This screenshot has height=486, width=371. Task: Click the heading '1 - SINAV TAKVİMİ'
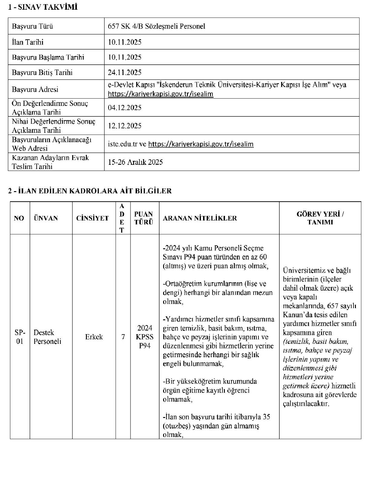(43, 8)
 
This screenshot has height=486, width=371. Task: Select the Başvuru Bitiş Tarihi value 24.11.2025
(125, 73)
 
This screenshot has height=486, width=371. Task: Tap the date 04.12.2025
(125, 108)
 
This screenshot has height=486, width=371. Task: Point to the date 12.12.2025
(125, 126)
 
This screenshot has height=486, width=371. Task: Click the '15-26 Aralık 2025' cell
(135, 162)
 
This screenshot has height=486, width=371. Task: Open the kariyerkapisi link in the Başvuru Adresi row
(160, 94)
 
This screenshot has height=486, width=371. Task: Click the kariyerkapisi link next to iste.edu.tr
(201, 144)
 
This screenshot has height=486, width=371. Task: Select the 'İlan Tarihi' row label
(28, 42)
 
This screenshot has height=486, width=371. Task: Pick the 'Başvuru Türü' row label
(32, 26)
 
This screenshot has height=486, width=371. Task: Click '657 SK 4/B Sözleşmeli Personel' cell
(156, 26)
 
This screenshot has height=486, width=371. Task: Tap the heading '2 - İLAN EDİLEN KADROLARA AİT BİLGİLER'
(90, 191)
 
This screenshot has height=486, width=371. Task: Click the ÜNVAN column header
(46, 218)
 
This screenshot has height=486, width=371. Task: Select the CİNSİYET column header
(92, 218)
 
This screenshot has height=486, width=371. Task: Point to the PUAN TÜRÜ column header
(144, 218)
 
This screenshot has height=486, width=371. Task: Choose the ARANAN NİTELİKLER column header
(200, 218)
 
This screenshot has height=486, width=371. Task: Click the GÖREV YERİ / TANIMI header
(320, 218)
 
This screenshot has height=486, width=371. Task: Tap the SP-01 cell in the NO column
(20, 337)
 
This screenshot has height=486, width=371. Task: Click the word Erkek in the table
(94, 337)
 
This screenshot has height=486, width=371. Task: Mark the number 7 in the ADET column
(123, 337)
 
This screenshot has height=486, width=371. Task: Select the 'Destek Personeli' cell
(47, 337)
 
